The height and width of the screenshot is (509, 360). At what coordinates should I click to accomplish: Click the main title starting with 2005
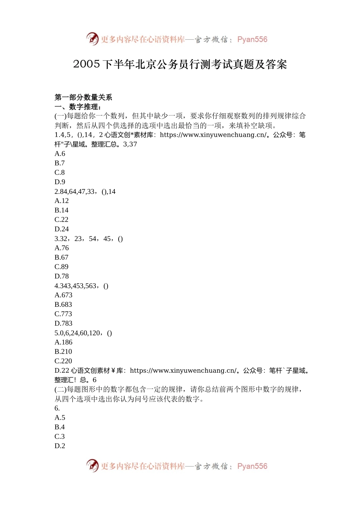(x=180, y=64)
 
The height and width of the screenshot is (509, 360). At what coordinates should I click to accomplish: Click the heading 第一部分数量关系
(x=83, y=97)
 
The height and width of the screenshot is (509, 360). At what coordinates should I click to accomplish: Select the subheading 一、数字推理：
(x=78, y=107)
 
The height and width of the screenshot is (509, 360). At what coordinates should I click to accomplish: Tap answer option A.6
(x=60, y=154)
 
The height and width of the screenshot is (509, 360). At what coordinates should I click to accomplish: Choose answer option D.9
(x=60, y=182)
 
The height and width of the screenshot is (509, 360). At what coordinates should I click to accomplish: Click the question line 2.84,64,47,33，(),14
(x=85, y=192)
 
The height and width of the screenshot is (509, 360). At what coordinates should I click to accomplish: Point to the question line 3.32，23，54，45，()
(x=89, y=239)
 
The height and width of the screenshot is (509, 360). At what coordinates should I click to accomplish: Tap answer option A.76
(x=62, y=248)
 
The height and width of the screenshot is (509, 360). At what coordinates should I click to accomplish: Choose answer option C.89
(x=61, y=267)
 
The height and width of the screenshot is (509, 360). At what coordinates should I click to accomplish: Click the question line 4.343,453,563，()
(x=81, y=286)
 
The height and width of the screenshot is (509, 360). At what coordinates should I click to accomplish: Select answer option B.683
(x=63, y=304)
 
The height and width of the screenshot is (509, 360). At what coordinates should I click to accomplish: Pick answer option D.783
(x=63, y=323)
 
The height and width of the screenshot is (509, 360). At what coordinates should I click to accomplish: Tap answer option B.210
(x=63, y=351)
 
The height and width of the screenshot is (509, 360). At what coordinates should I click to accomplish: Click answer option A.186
(x=63, y=342)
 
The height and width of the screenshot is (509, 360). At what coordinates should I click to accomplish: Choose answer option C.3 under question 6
(x=60, y=436)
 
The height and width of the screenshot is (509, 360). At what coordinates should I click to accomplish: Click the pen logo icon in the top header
(x=92, y=39)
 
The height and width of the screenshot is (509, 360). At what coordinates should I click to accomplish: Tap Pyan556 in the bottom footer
(x=252, y=466)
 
